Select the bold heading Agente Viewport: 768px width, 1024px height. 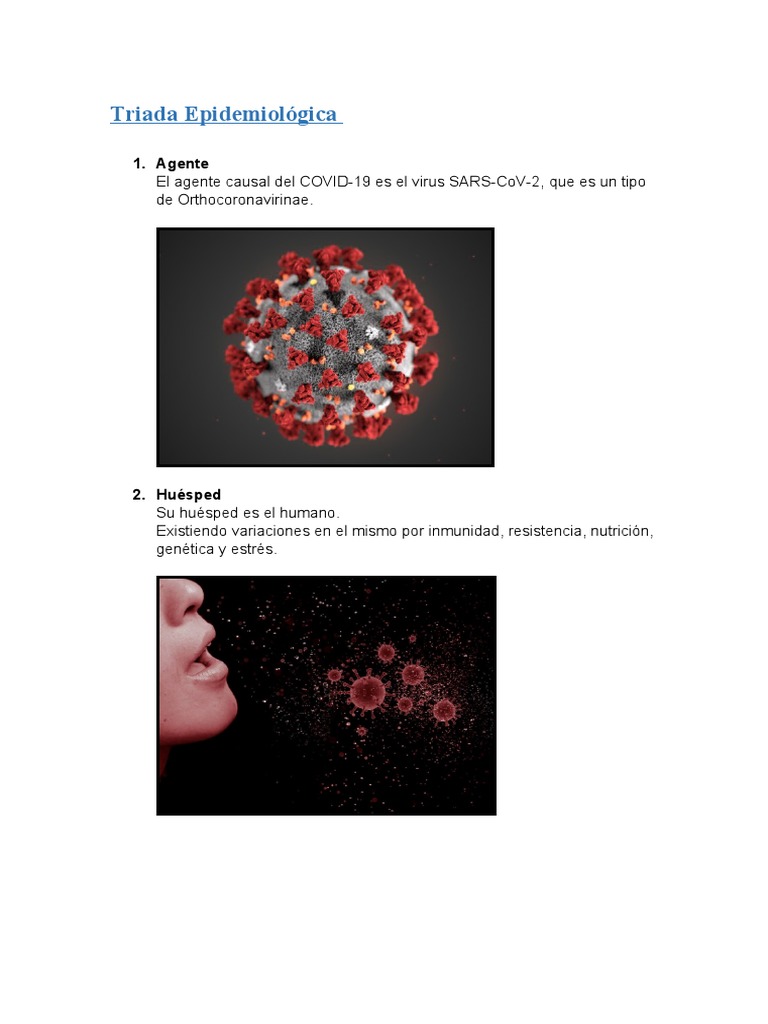pyautogui.click(x=182, y=163)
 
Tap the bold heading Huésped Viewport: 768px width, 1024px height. pyautogui.click(x=188, y=494)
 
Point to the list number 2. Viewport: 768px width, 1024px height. pyautogui.click(x=139, y=494)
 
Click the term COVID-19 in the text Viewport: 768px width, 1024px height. pyautogui.click(x=334, y=181)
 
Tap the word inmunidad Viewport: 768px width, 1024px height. pyautogui.click(x=463, y=530)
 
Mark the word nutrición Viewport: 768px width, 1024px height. pyautogui.click(x=621, y=530)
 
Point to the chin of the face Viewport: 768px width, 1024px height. pyautogui.click(x=220, y=711)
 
